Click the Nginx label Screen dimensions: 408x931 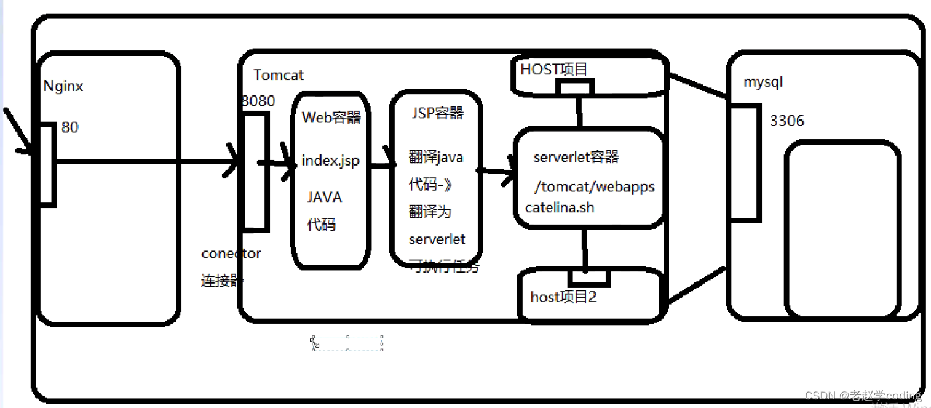[x=63, y=86]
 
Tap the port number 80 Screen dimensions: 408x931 [x=70, y=128]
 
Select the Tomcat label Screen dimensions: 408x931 [x=279, y=75]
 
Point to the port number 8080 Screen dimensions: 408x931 [x=258, y=102]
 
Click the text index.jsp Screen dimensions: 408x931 [x=330, y=161]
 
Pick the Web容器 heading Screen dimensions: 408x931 [x=331, y=118]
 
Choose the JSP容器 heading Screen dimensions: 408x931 [x=437, y=113]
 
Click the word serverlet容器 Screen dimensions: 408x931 [x=576, y=157]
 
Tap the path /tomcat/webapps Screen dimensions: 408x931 [x=594, y=186]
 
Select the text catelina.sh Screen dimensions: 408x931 [x=560, y=207]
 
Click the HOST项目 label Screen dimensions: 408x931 [x=554, y=69]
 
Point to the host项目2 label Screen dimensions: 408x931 [x=563, y=297]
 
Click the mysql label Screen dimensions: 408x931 [x=763, y=82]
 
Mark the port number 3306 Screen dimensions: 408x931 [x=786, y=121]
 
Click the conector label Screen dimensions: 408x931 [x=231, y=254]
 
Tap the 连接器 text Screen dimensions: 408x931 [x=221, y=281]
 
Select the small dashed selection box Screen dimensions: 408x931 [x=347, y=343]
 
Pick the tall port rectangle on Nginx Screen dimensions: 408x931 [x=46, y=164]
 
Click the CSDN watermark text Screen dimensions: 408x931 [x=863, y=395]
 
